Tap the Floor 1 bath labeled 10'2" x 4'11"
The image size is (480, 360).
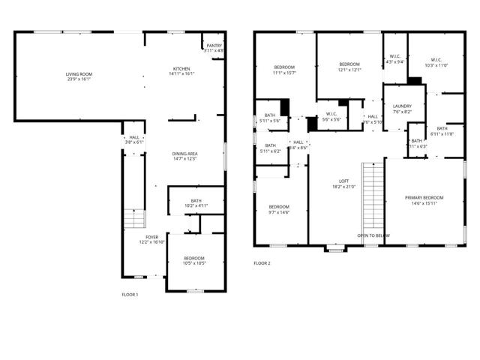(x=196, y=202)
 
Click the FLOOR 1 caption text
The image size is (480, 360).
(x=130, y=295)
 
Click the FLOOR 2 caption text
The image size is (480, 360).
(x=262, y=263)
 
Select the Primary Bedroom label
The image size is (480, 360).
(x=424, y=200)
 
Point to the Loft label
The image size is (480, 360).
(x=344, y=183)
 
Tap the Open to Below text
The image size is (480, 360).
(x=373, y=235)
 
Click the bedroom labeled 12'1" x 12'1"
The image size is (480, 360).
(x=349, y=67)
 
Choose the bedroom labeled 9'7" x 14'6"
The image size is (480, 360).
(x=280, y=209)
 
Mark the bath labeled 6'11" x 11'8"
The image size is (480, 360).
(x=442, y=131)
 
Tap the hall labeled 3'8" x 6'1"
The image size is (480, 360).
(x=134, y=139)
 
